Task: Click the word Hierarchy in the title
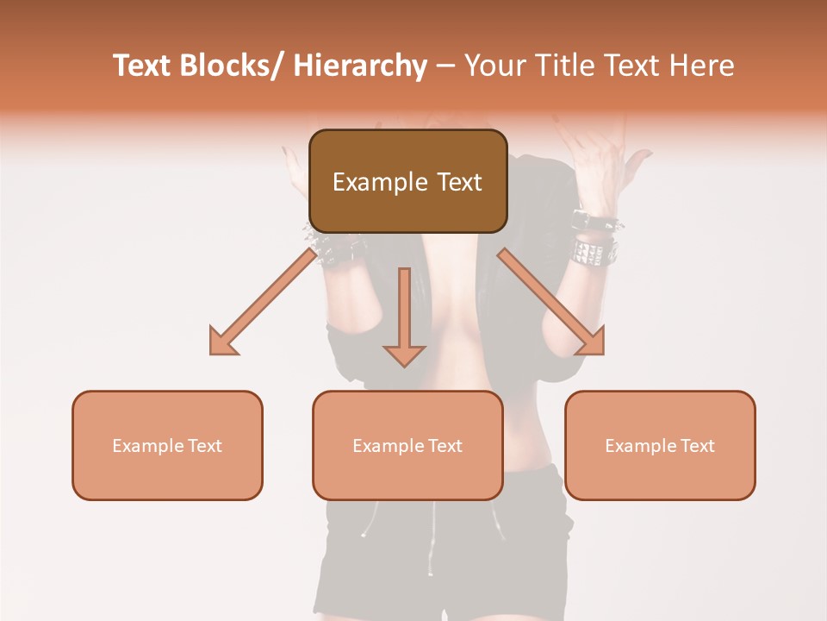pos(359,66)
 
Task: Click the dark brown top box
pos(407,181)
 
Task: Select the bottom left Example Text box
pos(167,445)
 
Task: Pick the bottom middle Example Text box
pos(407,445)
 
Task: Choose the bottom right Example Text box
pos(660,445)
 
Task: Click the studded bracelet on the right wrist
pos(594,250)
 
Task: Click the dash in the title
pos(445,66)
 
